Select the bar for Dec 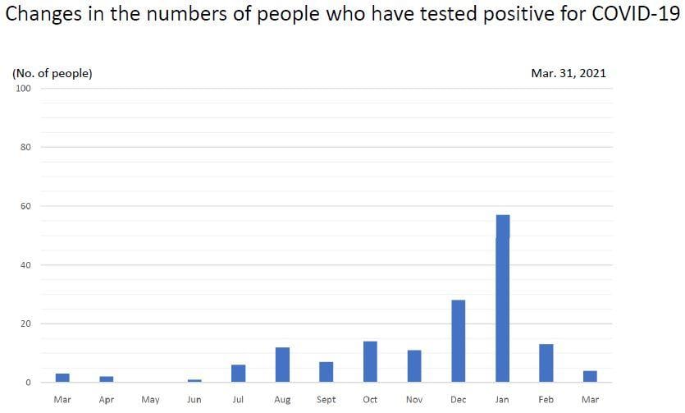pyautogui.click(x=459, y=341)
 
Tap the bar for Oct pyautogui.click(x=370, y=361)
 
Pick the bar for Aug pyautogui.click(x=282, y=365)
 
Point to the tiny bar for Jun pyautogui.click(x=194, y=380)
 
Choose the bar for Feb pyautogui.click(x=546, y=363)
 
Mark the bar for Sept pyautogui.click(x=327, y=372)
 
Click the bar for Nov pyautogui.click(x=414, y=366)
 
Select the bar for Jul pyautogui.click(x=239, y=374)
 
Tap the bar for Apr pyautogui.click(x=107, y=379)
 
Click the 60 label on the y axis pyautogui.click(x=25, y=206)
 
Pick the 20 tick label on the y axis pyautogui.click(x=25, y=324)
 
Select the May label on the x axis pyautogui.click(x=150, y=400)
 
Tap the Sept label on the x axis pyautogui.click(x=326, y=400)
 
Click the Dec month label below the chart pyautogui.click(x=458, y=400)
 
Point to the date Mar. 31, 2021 pyautogui.click(x=568, y=73)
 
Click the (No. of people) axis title pyautogui.click(x=52, y=73)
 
